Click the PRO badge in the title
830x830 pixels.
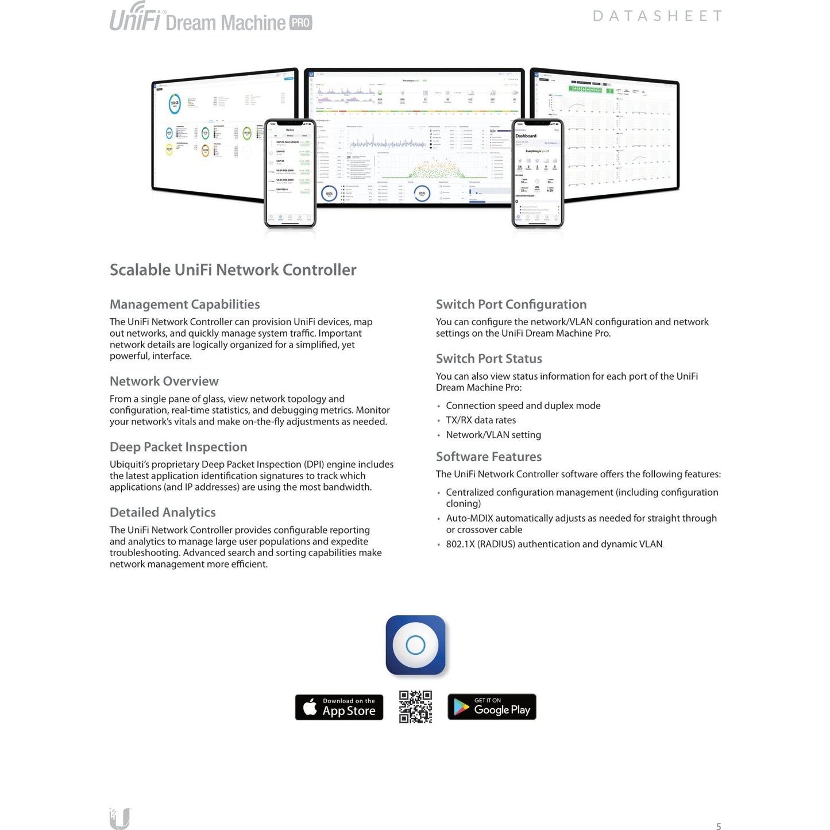tap(300, 23)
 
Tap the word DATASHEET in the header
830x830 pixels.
tap(657, 16)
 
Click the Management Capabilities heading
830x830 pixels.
tap(184, 304)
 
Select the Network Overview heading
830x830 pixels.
tap(164, 381)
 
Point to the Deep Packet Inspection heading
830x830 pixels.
tap(178, 447)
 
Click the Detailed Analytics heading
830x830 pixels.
tap(163, 512)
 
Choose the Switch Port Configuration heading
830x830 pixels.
tap(511, 304)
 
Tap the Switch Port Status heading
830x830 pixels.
tap(489, 358)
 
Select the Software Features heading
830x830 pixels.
tap(488, 457)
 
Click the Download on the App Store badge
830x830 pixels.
tap(339, 707)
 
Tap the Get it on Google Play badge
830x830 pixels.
tap(492, 707)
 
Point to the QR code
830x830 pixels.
tap(415, 707)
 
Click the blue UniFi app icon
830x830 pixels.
tap(415, 645)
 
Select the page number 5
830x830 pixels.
tap(718, 826)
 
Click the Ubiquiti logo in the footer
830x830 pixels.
tap(119, 819)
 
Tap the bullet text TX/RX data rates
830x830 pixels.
tap(480, 420)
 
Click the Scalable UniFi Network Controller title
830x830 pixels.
tap(233, 270)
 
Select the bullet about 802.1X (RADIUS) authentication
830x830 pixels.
tap(554, 544)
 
